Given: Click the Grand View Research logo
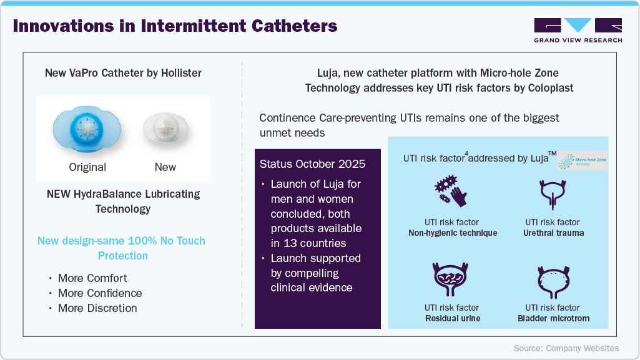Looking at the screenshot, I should pos(578,29).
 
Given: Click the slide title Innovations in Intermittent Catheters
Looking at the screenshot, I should pos(175,27).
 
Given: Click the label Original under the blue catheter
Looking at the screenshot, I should pos(87,167).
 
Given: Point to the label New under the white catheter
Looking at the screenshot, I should pos(165,167).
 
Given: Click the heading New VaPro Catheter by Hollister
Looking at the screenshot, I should pos(123,73).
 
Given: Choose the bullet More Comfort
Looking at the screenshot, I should pos(92,278).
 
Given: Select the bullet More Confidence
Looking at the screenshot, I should pos(100,293).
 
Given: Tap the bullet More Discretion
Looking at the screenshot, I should pos(97,308).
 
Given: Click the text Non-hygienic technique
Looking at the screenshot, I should pos(453,233).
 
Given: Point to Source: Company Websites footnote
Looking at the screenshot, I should pos(566,348).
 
